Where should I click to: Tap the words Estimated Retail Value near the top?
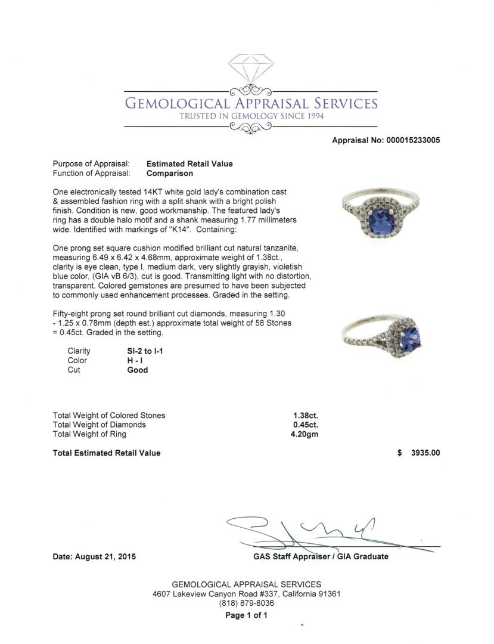[x=189, y=164]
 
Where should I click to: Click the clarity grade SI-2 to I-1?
[x=141, y=351]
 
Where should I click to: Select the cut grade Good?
[x=138, y=370]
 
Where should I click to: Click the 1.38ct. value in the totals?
[x=305, y=416]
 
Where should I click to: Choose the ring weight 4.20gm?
[x=304, y=434]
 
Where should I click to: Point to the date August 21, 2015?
[x=94, y=557]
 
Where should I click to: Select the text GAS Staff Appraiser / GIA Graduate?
[x=320, y=556]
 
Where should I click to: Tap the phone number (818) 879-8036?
[x=247, y=603]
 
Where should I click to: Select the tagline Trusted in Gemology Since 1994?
[x=251, y=116]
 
